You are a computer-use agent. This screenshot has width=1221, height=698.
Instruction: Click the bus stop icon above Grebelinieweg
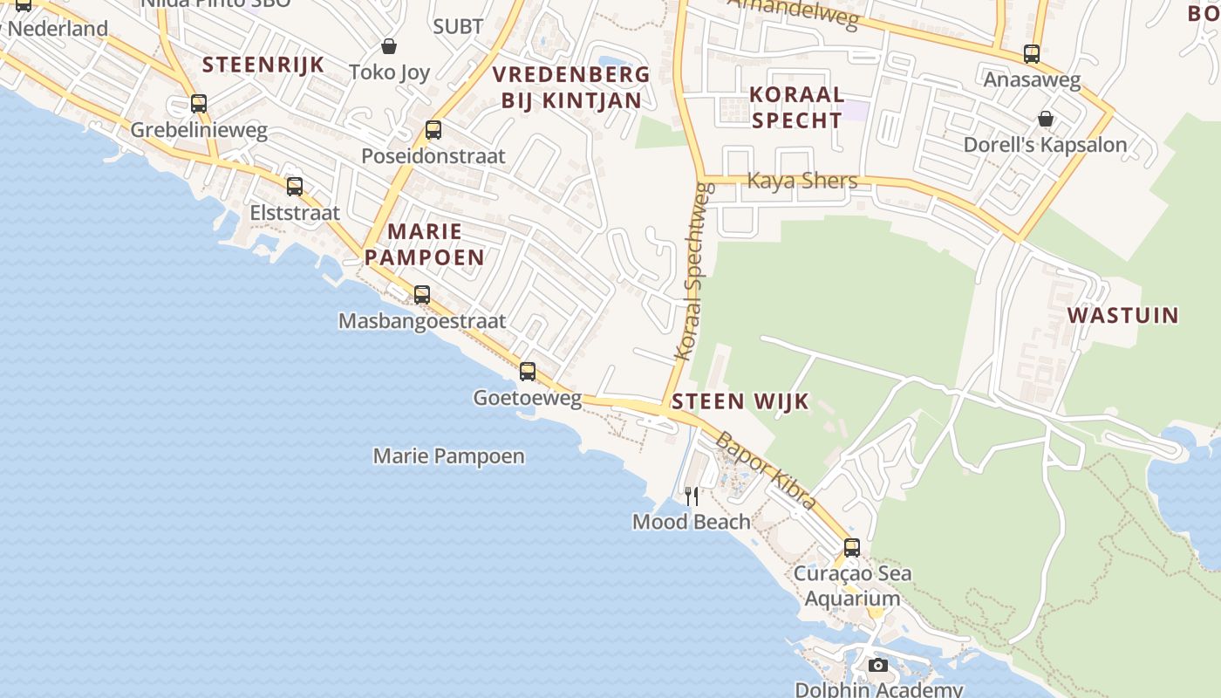click(199, 104)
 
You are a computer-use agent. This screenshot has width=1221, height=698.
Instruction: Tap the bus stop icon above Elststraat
click(295, 186)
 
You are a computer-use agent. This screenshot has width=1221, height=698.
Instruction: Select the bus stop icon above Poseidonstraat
click(433, 130)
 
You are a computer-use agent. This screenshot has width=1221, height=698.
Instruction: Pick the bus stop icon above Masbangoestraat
click(422, 294)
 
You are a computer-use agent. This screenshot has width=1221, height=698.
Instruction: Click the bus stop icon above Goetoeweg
click(528, 371)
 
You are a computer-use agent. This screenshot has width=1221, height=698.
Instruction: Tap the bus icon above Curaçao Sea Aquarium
click(852, 547)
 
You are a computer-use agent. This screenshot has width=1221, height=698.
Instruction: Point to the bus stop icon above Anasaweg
click(1032, 53)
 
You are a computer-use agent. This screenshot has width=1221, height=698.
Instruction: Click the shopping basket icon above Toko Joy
click(389, 45)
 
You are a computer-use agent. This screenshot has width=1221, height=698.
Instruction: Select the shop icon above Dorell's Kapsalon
click(1046, 118)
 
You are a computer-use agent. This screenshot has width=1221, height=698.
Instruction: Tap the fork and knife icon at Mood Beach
click(692, 496)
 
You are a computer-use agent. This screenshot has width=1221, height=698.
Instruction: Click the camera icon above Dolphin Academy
click(878, 665)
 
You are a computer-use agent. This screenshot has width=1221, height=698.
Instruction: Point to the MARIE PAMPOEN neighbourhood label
click(425, 244)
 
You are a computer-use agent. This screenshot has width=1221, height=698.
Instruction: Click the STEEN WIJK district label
click(740, 401)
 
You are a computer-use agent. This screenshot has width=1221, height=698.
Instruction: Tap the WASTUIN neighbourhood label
click(1123, 315)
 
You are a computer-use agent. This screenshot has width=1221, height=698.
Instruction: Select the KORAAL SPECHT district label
click(797, 107)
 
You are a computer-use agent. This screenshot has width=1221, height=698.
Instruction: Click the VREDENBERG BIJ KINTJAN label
click(571, 87)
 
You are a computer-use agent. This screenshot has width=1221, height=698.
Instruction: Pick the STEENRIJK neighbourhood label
click(263, 65)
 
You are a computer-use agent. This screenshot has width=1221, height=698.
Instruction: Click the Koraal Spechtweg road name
click(695, 271)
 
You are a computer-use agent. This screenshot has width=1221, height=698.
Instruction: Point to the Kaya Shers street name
click(802, 181)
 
